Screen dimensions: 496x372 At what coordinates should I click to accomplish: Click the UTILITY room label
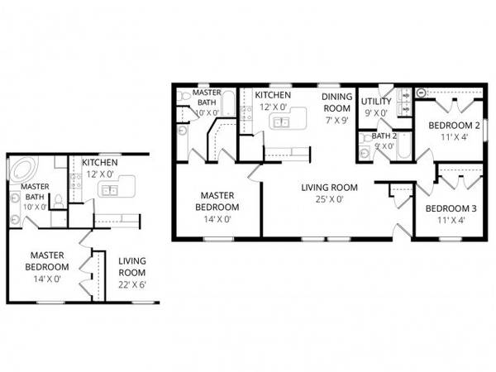tap(376, 102)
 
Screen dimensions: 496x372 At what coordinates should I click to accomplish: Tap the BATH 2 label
tap(384, 136)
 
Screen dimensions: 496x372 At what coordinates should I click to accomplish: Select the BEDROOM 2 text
tap(454, 126)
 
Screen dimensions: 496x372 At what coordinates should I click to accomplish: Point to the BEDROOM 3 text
tap(451, 208)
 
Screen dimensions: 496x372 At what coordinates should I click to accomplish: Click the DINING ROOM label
tap(337, 103)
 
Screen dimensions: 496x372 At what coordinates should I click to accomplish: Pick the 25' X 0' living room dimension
tap(329, 199)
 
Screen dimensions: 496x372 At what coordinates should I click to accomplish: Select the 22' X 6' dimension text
tap(132, 284)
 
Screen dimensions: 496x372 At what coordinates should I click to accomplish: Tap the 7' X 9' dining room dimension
tap(337, 120)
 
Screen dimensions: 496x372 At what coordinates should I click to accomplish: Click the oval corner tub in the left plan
tap(23, 169)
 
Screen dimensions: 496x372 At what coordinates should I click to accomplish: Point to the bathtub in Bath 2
tap(403, 146)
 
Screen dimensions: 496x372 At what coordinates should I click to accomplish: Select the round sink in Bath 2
tap(364, 152)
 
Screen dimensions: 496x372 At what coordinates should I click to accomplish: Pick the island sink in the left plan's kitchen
tap(110, 190)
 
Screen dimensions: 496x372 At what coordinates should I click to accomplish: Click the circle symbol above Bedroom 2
tap(421, 93)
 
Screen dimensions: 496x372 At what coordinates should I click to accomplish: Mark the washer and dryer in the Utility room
tap(404, 102)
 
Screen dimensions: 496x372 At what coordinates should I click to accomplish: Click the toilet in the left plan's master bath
tap(59, 202)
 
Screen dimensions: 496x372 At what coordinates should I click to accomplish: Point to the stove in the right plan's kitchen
tap(246, 113)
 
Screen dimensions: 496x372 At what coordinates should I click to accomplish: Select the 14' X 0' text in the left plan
tap(47, 279)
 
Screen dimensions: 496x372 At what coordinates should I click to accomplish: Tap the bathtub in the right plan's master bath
tap(228, 104)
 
